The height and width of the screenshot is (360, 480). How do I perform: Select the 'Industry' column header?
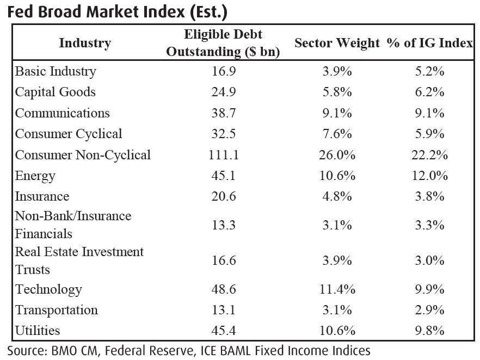coord(85,43)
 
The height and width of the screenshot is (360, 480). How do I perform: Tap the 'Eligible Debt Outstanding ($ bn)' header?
coord(223,43)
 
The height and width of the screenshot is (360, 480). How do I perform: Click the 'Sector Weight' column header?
coord(337,43)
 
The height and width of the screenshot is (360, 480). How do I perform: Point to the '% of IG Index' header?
coord(430,43)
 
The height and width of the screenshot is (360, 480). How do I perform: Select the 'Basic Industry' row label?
coord(56,71)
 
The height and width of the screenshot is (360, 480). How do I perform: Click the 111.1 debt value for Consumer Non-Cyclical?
coord(223,155)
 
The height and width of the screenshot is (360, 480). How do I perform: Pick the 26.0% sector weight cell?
coord(337,155)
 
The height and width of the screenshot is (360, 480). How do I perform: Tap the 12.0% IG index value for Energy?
coord(430,176)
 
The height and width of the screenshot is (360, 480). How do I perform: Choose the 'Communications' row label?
coord(62,113)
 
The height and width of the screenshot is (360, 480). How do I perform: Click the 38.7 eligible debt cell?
coord(223,113)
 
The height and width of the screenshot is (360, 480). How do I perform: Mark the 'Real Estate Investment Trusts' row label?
coord(79,260)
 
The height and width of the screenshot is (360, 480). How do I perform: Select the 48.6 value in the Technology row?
coord(223,289)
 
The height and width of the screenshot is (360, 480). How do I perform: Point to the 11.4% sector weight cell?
coord(337,289)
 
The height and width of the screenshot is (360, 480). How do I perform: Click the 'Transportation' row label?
coord(57,310)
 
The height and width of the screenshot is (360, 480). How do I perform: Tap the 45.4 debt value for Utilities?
coord(223,331)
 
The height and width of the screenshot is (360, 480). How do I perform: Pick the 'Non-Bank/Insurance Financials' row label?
coord(73,225)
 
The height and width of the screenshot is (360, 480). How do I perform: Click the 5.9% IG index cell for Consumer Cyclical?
coord(430,134)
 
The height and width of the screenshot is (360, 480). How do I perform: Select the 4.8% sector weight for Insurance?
coord(337,196)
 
